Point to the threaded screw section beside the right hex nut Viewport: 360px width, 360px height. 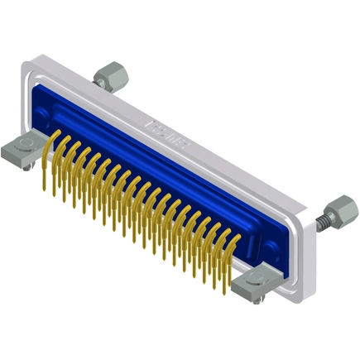(322, 220)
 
